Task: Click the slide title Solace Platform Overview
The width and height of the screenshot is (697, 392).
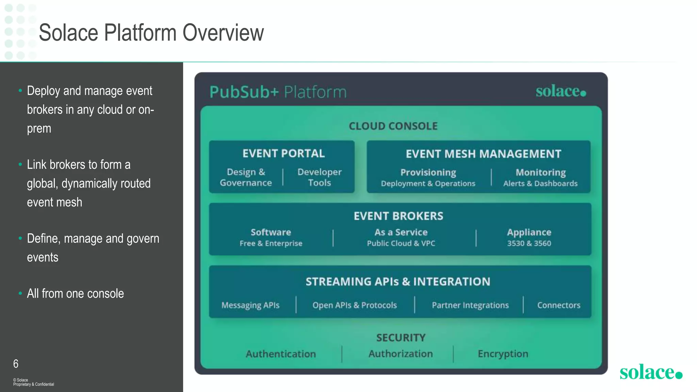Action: click(151, 33)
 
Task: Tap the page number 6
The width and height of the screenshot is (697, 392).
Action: click(16, 364)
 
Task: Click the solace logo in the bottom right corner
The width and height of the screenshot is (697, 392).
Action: click(650, 372)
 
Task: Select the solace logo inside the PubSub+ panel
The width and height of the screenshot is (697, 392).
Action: click(561, 91)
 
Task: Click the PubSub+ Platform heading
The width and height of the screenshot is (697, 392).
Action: click(278, 92)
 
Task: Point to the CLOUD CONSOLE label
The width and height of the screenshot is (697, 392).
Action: click(393, 126)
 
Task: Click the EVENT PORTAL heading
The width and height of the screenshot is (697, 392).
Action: click(283, 153)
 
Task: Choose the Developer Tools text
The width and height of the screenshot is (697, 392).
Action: click(319, 177)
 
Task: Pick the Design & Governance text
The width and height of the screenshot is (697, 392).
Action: click(246, 177)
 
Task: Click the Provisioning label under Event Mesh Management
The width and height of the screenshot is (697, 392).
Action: click(428, 173)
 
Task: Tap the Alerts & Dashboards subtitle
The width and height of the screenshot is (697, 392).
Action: click(540, 184)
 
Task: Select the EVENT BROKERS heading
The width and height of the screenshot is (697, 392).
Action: click(398, 216)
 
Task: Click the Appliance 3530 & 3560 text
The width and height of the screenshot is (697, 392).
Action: click(529, 238)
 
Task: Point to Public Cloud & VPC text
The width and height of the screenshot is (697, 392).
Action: click(401, 244)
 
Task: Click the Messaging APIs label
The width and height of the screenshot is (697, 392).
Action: click(250, 305)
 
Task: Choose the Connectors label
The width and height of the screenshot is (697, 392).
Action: click(558, 305)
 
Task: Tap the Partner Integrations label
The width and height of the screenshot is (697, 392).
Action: click(470, 305)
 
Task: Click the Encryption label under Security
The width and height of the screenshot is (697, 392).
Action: click(503, 354)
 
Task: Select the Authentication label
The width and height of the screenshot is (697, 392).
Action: click(281, 354)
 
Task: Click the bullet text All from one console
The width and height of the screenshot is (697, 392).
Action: click(75, 294)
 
